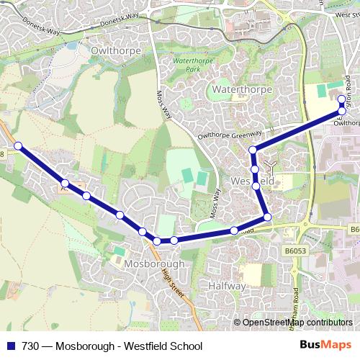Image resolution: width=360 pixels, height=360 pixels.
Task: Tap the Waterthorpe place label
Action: pyautogui.click(x=240, y=89)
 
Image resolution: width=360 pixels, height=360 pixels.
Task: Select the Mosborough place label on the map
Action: pyautogui.click(x=154, y=264)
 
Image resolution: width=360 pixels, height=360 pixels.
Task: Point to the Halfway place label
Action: pyautogui.click(x=227, y=286)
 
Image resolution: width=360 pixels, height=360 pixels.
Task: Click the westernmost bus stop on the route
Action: pyautogui.click(x=18, y=146)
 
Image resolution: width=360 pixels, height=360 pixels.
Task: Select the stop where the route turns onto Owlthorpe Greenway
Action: pyautogui.click(x=253, y=150)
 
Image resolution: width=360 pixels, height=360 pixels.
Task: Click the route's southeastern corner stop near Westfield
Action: pyautogui.click(x=267, y=217)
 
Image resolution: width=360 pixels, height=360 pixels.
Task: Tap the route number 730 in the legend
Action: pyautogui.click(x=32, y=346)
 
